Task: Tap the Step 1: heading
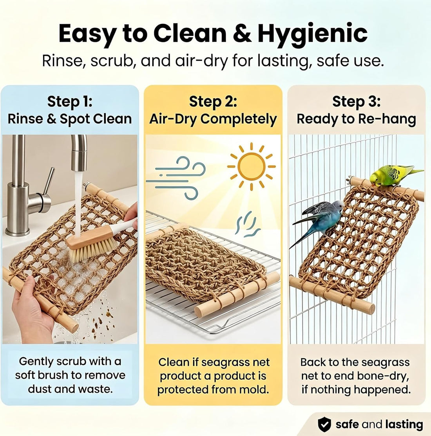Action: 70,101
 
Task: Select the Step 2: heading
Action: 213,101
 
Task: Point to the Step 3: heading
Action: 357,101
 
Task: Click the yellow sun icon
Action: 252,167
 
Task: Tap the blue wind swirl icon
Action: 176,177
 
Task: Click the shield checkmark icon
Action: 324,424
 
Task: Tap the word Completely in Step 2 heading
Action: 239,119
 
